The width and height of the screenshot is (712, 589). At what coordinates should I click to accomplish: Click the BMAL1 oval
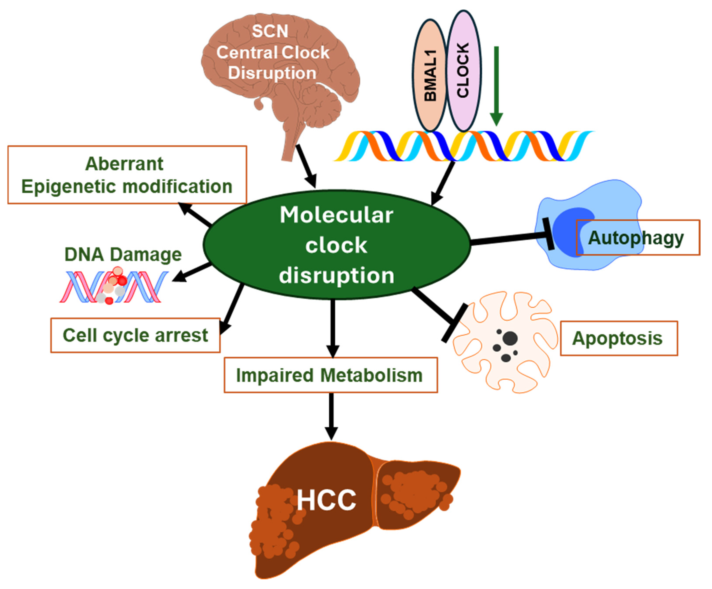[x=430, y=75]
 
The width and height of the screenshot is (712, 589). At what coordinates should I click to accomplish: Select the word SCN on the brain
[x=270, y=31]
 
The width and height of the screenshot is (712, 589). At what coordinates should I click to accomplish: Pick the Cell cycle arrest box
[x=135, y=335]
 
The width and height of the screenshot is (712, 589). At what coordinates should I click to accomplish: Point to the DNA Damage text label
[x=123, y=255]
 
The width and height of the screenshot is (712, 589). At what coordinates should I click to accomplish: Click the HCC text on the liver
[x=326, y=500]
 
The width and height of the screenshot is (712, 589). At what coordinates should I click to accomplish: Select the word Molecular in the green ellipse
[x=336, y=215]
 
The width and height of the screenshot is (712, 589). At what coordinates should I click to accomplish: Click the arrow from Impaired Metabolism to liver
[x=331, y=417]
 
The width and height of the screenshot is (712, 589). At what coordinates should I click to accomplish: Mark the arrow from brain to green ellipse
[x=306, y=166]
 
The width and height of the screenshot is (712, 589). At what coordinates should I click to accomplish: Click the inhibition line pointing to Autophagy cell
[x=509, y=238]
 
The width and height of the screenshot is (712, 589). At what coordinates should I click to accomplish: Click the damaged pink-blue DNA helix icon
[x=113, y=286]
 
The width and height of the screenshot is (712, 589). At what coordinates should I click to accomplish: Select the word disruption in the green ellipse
[x=336, y=275]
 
